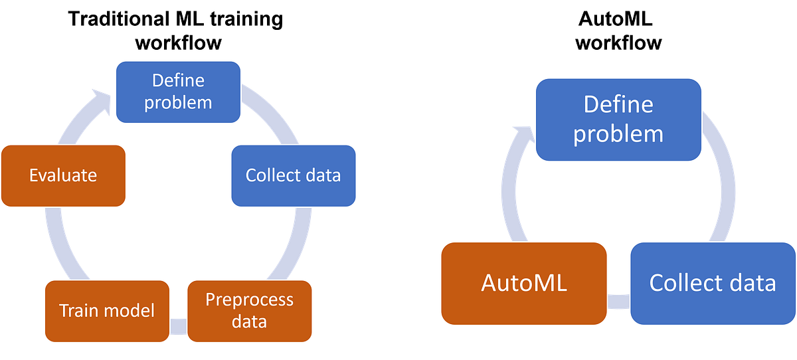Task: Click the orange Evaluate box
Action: pos(64,175)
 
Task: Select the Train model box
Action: pos(107,310)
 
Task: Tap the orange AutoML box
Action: pos(524,284)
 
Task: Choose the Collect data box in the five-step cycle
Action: pos(293,175)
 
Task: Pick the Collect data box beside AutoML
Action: pos(712,284)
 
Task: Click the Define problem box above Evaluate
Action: pos(178,92)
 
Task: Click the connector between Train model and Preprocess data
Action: pos(179,326)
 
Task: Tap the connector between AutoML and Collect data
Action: pos(618,302)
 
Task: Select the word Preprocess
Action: pos(249,300)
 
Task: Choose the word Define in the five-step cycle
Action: pos(178,81)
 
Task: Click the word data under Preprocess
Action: pos(249,322)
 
